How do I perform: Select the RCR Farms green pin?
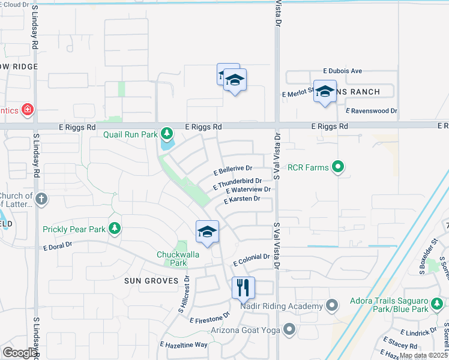click(338, 167)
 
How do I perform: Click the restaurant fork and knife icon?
click(243, 288)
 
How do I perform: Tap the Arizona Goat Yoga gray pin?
click(290, 329)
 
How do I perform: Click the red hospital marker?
click(27, 110)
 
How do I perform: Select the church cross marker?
click(41, 199)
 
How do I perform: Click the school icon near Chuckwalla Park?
click(207, 232)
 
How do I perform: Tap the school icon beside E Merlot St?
click(325, 92)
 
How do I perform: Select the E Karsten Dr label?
click(241, 199)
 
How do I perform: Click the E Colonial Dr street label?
click(250, 259)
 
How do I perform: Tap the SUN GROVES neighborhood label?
click(151, 281)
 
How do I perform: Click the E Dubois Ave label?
click(342, 71)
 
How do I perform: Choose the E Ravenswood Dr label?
click(372, 111)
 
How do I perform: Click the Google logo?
click(20, 353)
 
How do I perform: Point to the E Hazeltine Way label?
click(183, 345)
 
